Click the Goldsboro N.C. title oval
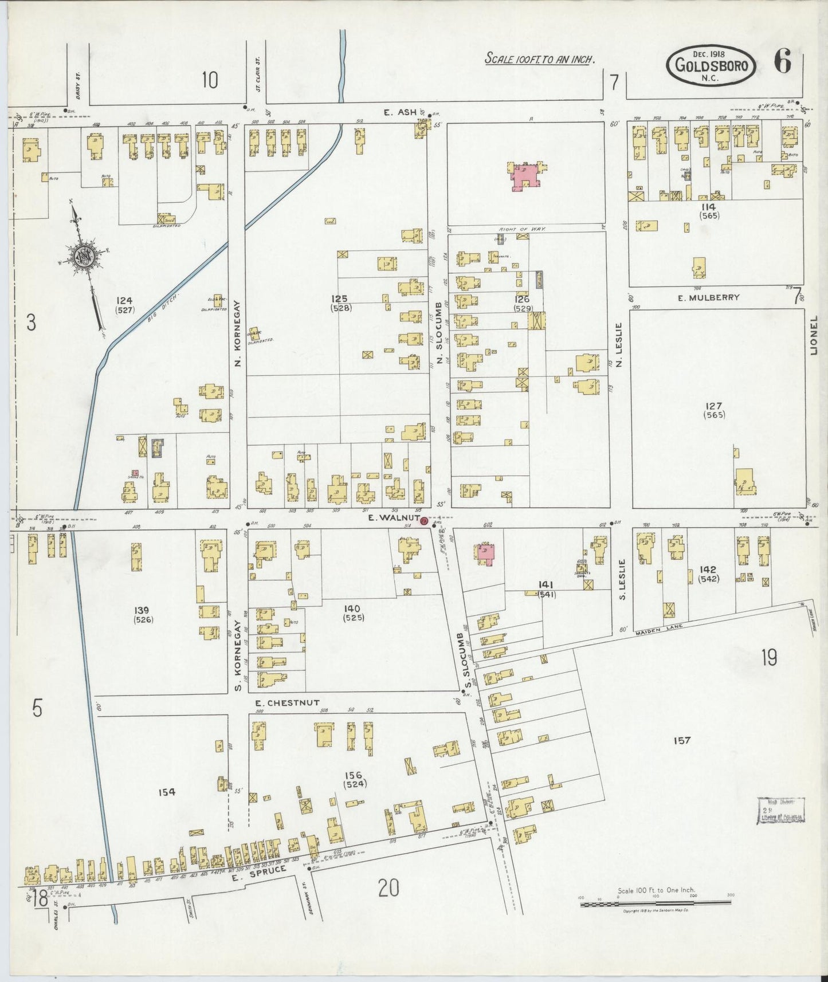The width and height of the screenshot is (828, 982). tap(711, 65)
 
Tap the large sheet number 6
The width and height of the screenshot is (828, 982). tap(783, 61)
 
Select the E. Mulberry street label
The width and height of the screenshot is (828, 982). tap(708, 297)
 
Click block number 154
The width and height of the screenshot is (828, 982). tap(167, 792)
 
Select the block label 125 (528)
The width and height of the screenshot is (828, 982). tap(342, 303)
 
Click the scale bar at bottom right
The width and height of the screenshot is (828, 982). tap(656, 904)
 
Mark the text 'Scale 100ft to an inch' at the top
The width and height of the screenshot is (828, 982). tap(539, 58)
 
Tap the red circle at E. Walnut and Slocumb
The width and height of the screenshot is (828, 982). tap(424, 520)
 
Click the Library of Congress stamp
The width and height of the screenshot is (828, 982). tap(782, 810)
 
